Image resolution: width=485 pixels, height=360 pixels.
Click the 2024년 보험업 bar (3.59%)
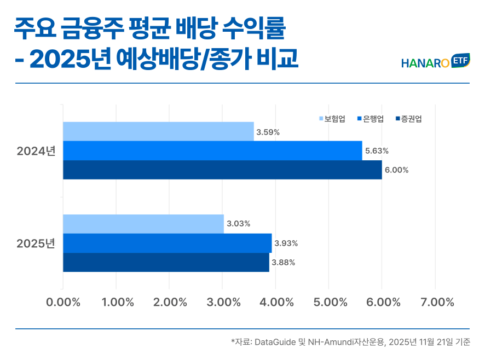click(x=158, y=131)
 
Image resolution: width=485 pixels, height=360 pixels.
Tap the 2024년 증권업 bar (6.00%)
click(x=222, y=170)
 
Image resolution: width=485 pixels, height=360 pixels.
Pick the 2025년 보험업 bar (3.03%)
click(x=143, y=224)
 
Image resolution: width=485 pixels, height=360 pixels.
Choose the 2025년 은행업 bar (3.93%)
click(x=167, y=243)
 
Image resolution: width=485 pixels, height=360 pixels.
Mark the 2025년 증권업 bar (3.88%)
click(x=166, y=262)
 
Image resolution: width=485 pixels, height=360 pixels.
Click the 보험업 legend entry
click(x=332, y=119)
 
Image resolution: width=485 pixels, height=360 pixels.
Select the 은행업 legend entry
click(x=371, y=119)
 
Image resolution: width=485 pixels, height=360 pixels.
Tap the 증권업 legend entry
click(x=408, y=119)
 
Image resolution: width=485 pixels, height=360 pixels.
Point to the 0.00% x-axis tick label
click(x=63, y=302)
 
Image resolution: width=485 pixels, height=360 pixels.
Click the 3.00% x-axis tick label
click(x=223, y=302)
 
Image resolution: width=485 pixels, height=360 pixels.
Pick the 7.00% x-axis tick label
click(x=436, y=302)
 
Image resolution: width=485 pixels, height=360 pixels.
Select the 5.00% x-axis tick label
click(x=329, y=302)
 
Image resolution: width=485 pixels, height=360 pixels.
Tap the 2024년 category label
click(x=36, y=150)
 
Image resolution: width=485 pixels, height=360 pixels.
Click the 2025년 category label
click(x=36, y=243)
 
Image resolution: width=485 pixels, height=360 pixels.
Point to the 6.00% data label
click(x=396, y=170)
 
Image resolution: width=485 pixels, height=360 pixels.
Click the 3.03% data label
click(x=238, y=224)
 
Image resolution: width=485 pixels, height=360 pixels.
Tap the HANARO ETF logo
click(x=436, y=62)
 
